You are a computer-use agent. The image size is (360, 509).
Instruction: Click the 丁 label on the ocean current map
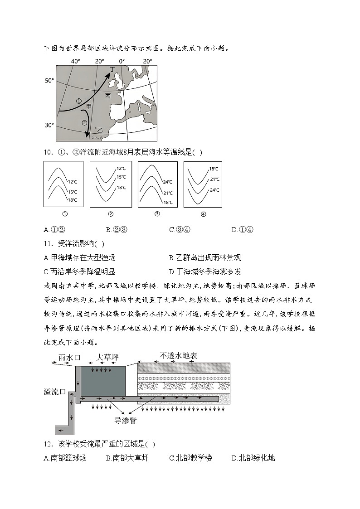point(113,70)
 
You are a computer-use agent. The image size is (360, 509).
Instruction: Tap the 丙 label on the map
point(108,96)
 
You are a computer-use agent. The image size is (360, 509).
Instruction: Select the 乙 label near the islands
point(100,130)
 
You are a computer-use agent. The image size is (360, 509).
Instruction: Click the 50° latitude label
point(49,81)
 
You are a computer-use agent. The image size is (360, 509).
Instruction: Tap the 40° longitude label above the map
point(75,61)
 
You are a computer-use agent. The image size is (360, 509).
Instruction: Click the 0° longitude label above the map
point(122,61)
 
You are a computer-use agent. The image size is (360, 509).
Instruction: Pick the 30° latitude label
point(49,125)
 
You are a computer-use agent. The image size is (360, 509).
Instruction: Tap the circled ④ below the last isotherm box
point(203,214)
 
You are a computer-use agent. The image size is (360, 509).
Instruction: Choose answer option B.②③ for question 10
point(117,229)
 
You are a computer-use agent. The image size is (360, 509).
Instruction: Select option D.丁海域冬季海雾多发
point(205,271)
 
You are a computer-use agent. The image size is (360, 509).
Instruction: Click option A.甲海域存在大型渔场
point(79,258)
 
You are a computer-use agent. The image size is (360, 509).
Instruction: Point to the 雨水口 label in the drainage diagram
point(70,357)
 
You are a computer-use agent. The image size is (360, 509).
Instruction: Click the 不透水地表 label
point(178,356)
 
